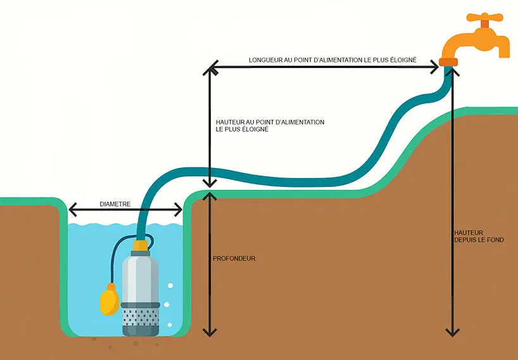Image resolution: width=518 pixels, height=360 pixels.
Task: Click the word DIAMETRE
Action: (x=115, y=204)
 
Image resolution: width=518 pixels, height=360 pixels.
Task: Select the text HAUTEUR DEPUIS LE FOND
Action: (x=479, y=236)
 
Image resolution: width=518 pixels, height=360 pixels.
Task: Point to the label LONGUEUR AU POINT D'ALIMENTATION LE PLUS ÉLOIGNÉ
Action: (x=332, y=60)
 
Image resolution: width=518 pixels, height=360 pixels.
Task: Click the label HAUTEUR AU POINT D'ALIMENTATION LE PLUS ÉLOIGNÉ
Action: (x=270, y=125)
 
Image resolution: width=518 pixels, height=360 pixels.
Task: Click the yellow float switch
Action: (x=110, y=299)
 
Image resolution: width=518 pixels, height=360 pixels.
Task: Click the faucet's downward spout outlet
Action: (x=503, y=51)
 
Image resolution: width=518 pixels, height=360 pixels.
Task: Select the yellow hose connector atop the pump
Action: (x=141, y=244)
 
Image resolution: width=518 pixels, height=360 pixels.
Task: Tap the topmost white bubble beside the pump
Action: (x=169, y=286)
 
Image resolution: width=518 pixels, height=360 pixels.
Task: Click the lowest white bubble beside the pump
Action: (x=169, y=325)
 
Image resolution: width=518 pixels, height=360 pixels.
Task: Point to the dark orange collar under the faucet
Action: (x=448, y=61)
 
